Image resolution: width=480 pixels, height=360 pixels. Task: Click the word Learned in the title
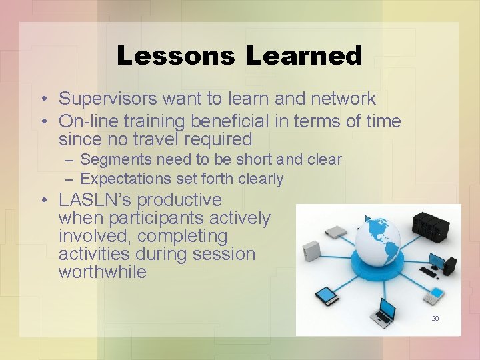pos(303,56)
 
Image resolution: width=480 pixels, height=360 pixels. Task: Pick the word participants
pos(157,218)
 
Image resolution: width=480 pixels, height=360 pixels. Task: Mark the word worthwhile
pos(102,272)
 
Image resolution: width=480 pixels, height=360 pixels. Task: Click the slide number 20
pos(435,319)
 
